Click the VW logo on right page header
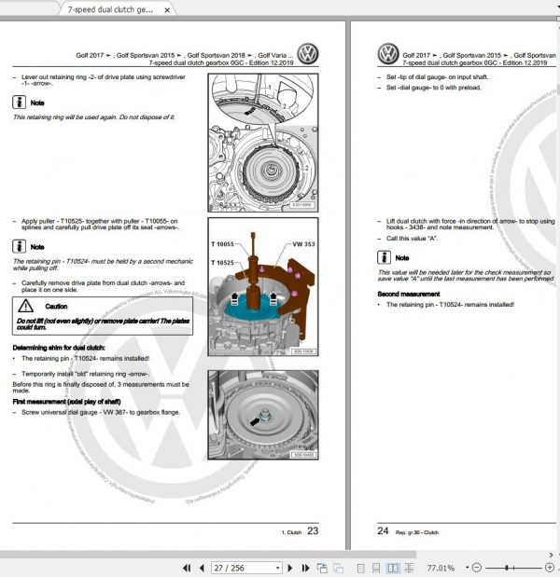(388, 54)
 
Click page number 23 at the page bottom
(313, 530)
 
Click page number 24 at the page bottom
(383, 530)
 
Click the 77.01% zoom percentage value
(441, 568)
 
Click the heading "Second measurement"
(408, 294)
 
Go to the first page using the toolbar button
(187, 568)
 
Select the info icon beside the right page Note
(385, 257)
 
